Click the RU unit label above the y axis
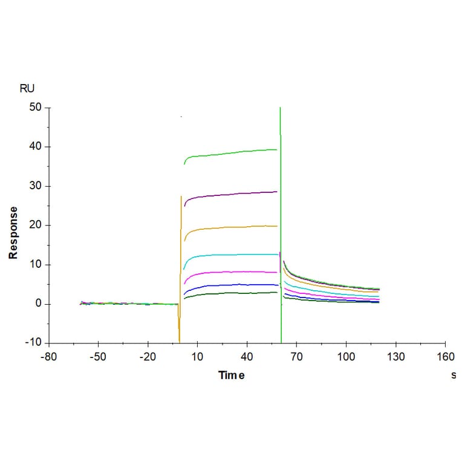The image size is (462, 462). click(x=27, y=88)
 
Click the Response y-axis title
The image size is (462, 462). click(x=13, y=233)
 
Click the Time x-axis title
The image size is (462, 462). click(x=232, y=376)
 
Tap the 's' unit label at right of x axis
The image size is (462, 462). click(x=454, y=376)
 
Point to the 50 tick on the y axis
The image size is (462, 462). click(x=36, y=108)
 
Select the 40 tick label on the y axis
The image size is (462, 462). click(x=36, y=147)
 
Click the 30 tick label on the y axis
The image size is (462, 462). click(x=36, y=186)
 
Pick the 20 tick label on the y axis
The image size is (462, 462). click(x=36, y=225)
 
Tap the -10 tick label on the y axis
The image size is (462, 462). click(x=33, y=343)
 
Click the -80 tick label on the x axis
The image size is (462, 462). click(x=48, y=356)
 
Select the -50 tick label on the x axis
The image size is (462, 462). click(x=98, y=356)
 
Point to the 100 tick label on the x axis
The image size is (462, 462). click(x=346, y=356)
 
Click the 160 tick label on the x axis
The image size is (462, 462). click(x=445, y=356)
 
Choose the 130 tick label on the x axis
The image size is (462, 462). click(x=395, y=356)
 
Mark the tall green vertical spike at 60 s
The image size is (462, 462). click(x=281, y=181)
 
